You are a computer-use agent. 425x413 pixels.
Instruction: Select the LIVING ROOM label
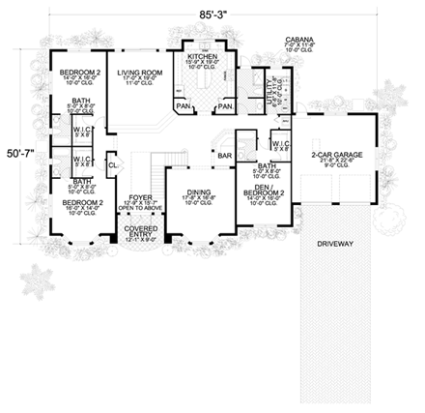137,71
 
